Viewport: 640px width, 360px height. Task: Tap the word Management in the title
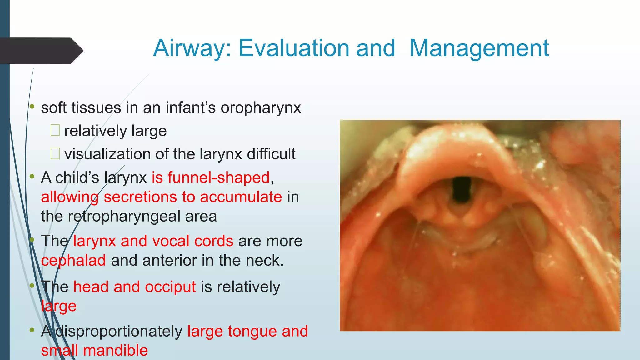click(x=479, y=48)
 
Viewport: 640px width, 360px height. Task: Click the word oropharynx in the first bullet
click(x=261, y=108)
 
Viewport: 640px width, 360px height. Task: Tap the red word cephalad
click(x=73, y=261)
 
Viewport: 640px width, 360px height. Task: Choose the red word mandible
click(x=115, y=350)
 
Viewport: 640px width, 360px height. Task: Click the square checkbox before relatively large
click(x=55, y=130)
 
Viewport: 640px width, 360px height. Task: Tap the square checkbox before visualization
click(x=55, y=153)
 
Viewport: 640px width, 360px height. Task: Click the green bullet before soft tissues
click(x=32, y=107)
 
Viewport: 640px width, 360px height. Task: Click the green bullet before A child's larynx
click(x=32, y=177)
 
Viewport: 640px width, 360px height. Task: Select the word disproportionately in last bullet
click(x=119, y=331)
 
